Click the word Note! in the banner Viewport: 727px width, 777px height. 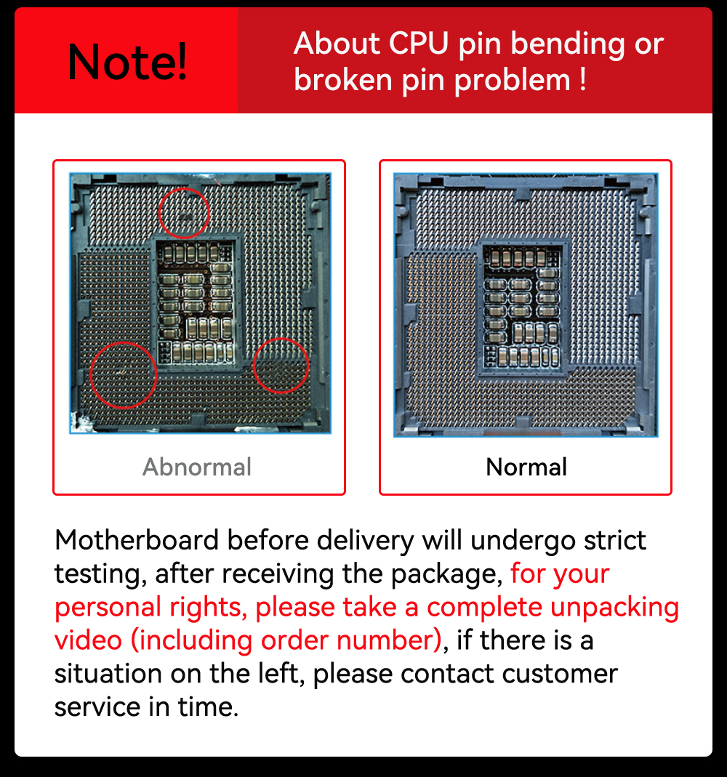click(127, 62)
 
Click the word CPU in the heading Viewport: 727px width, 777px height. click(419, 45)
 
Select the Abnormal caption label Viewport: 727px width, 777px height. click(197, 467)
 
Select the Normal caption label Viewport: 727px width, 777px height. click(526, 467)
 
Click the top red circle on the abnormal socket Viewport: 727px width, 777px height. click(184, 213)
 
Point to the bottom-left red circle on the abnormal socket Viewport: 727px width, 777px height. click(124, 374)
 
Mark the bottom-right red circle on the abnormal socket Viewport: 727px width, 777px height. click(281, 366)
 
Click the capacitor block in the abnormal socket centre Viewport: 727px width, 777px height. click(195, 302)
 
